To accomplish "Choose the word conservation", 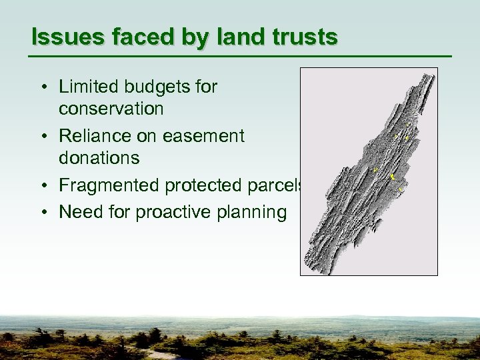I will (111, 108).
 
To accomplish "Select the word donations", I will (99, 158).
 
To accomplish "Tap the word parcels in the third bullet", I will (279, 185).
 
